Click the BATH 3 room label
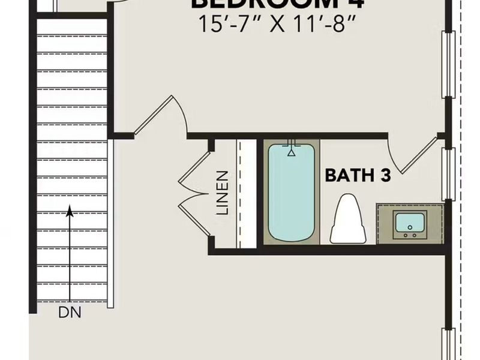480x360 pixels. click(x=358, y=175)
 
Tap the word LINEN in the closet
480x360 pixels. click(x=223, y=193)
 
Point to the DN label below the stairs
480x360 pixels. click(x=70, y=312)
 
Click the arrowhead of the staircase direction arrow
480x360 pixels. click(x=70, y=211)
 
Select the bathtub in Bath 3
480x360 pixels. click(x=292, y=192)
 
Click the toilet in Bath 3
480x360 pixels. click(x=349, y=219)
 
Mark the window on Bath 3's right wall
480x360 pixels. click(x=447, y=174)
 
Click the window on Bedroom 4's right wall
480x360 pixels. click(x=447, y=64)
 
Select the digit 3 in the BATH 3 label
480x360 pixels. click(x=385, y=175)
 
